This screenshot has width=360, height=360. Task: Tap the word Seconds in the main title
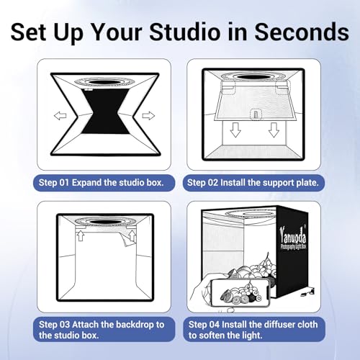296,32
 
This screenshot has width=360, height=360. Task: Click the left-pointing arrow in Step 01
62,114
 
